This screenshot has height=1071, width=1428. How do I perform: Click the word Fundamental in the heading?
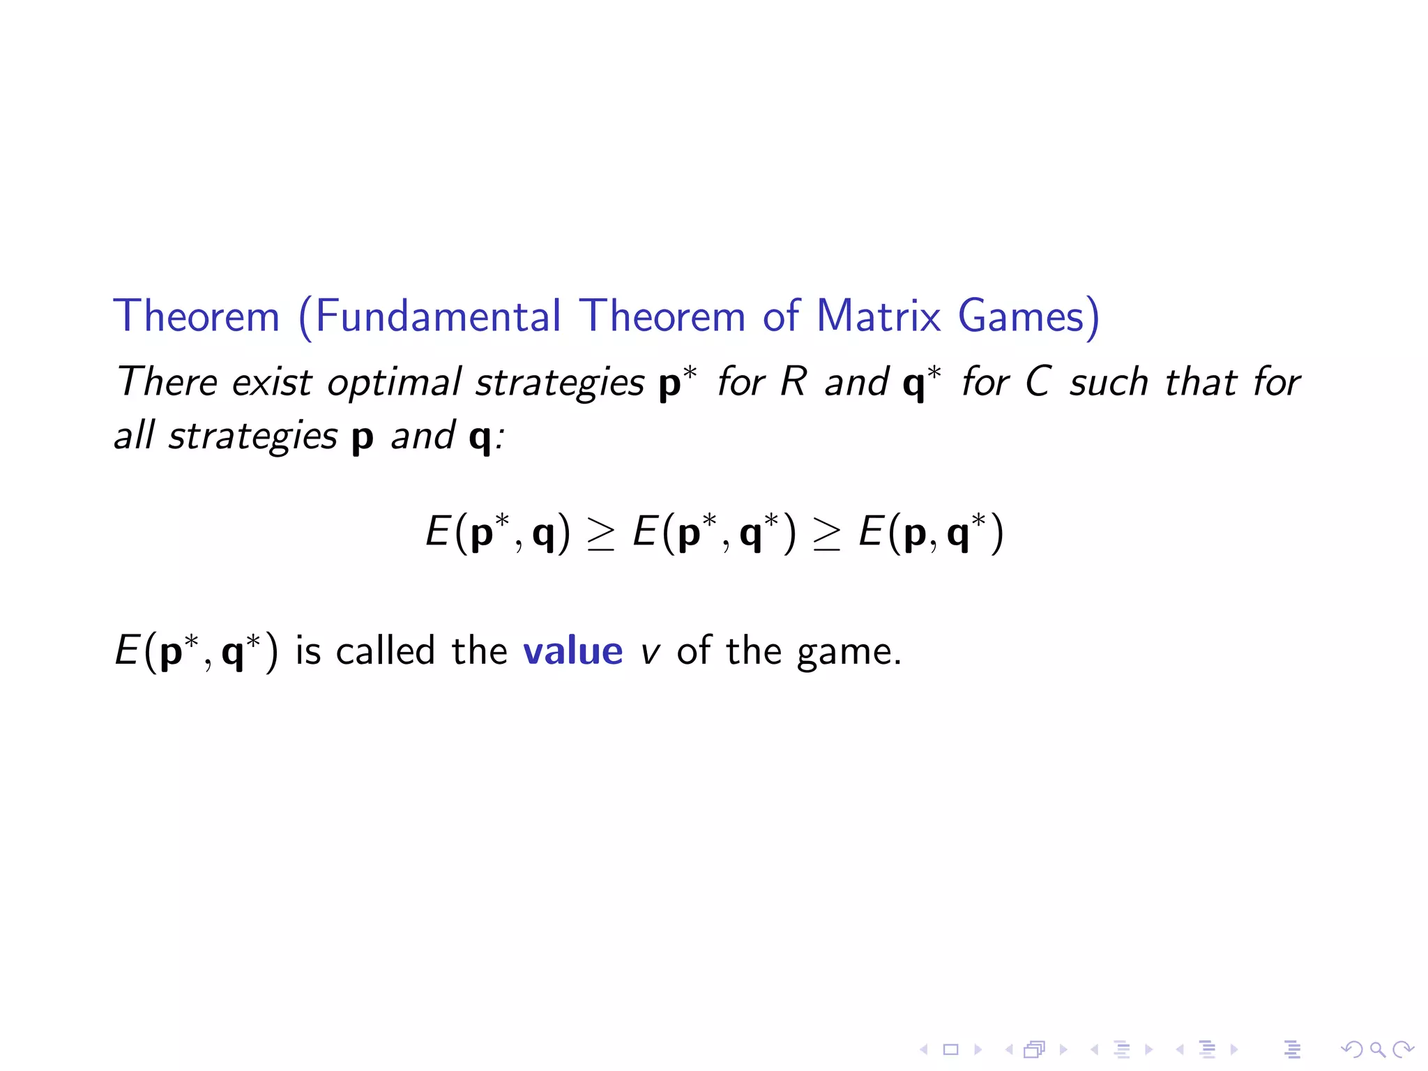pyautogui.click(x=438, y=317)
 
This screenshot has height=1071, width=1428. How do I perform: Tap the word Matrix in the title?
pyautogui.click(x=879, y=317)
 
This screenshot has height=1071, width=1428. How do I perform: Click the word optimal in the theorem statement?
pyautogui.click(x=394, y=383)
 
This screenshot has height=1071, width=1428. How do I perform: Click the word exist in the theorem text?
pyautogui.click(x=272, y=383)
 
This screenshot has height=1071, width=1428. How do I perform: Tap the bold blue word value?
pyautogui.click(x=572, y=651)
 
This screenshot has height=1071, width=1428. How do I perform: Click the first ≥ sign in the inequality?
pyautogui.click(x=601, y=535)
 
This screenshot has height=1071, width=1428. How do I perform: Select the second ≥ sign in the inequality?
pyautogui.click(x=827, y=535)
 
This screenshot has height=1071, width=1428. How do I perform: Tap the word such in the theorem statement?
pyautogui.click(x=1109, y=383)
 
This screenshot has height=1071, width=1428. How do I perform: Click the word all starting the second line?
pyautogui.click(x=134, y=436)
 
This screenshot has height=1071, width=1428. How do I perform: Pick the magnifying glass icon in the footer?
pyautogui.click(x=1378, y=1049)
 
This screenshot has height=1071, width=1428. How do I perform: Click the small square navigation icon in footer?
pyautogui.click(x=950, y=1049)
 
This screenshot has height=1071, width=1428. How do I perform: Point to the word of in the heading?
pyautogui.click(x=781, y=317)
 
